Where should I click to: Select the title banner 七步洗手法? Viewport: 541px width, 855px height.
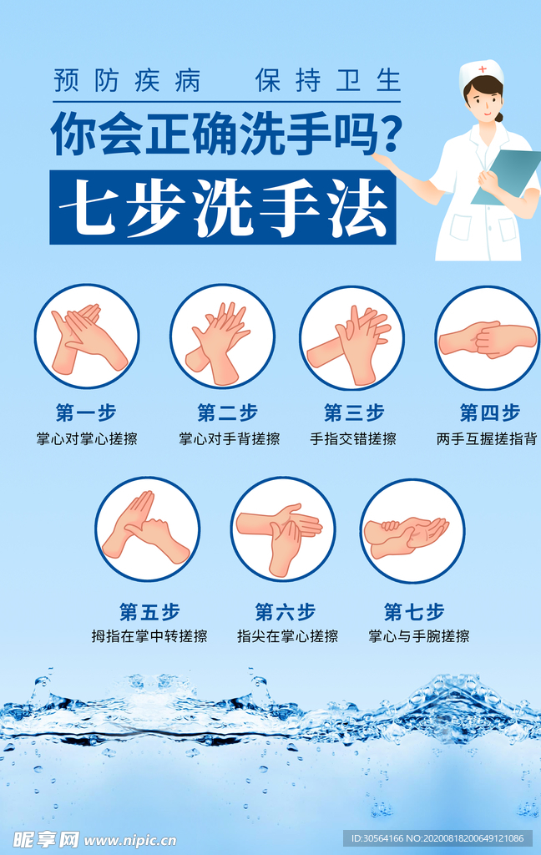222,207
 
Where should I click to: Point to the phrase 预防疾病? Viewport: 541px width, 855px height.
127,81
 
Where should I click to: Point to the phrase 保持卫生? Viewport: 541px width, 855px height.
328,81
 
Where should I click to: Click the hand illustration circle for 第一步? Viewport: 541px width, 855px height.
87,336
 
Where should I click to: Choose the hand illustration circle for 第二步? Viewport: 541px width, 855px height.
222,336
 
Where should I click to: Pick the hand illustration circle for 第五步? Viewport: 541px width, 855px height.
147,529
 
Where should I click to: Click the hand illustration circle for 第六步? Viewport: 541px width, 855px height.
283,529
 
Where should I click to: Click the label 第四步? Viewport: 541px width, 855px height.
489,412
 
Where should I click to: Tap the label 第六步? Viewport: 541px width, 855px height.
285,611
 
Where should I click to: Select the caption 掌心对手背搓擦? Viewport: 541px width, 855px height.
229,438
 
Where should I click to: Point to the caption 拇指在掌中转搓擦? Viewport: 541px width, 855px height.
149,636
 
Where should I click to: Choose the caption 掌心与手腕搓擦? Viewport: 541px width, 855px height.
419,636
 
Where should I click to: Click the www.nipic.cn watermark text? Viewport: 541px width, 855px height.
130,839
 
